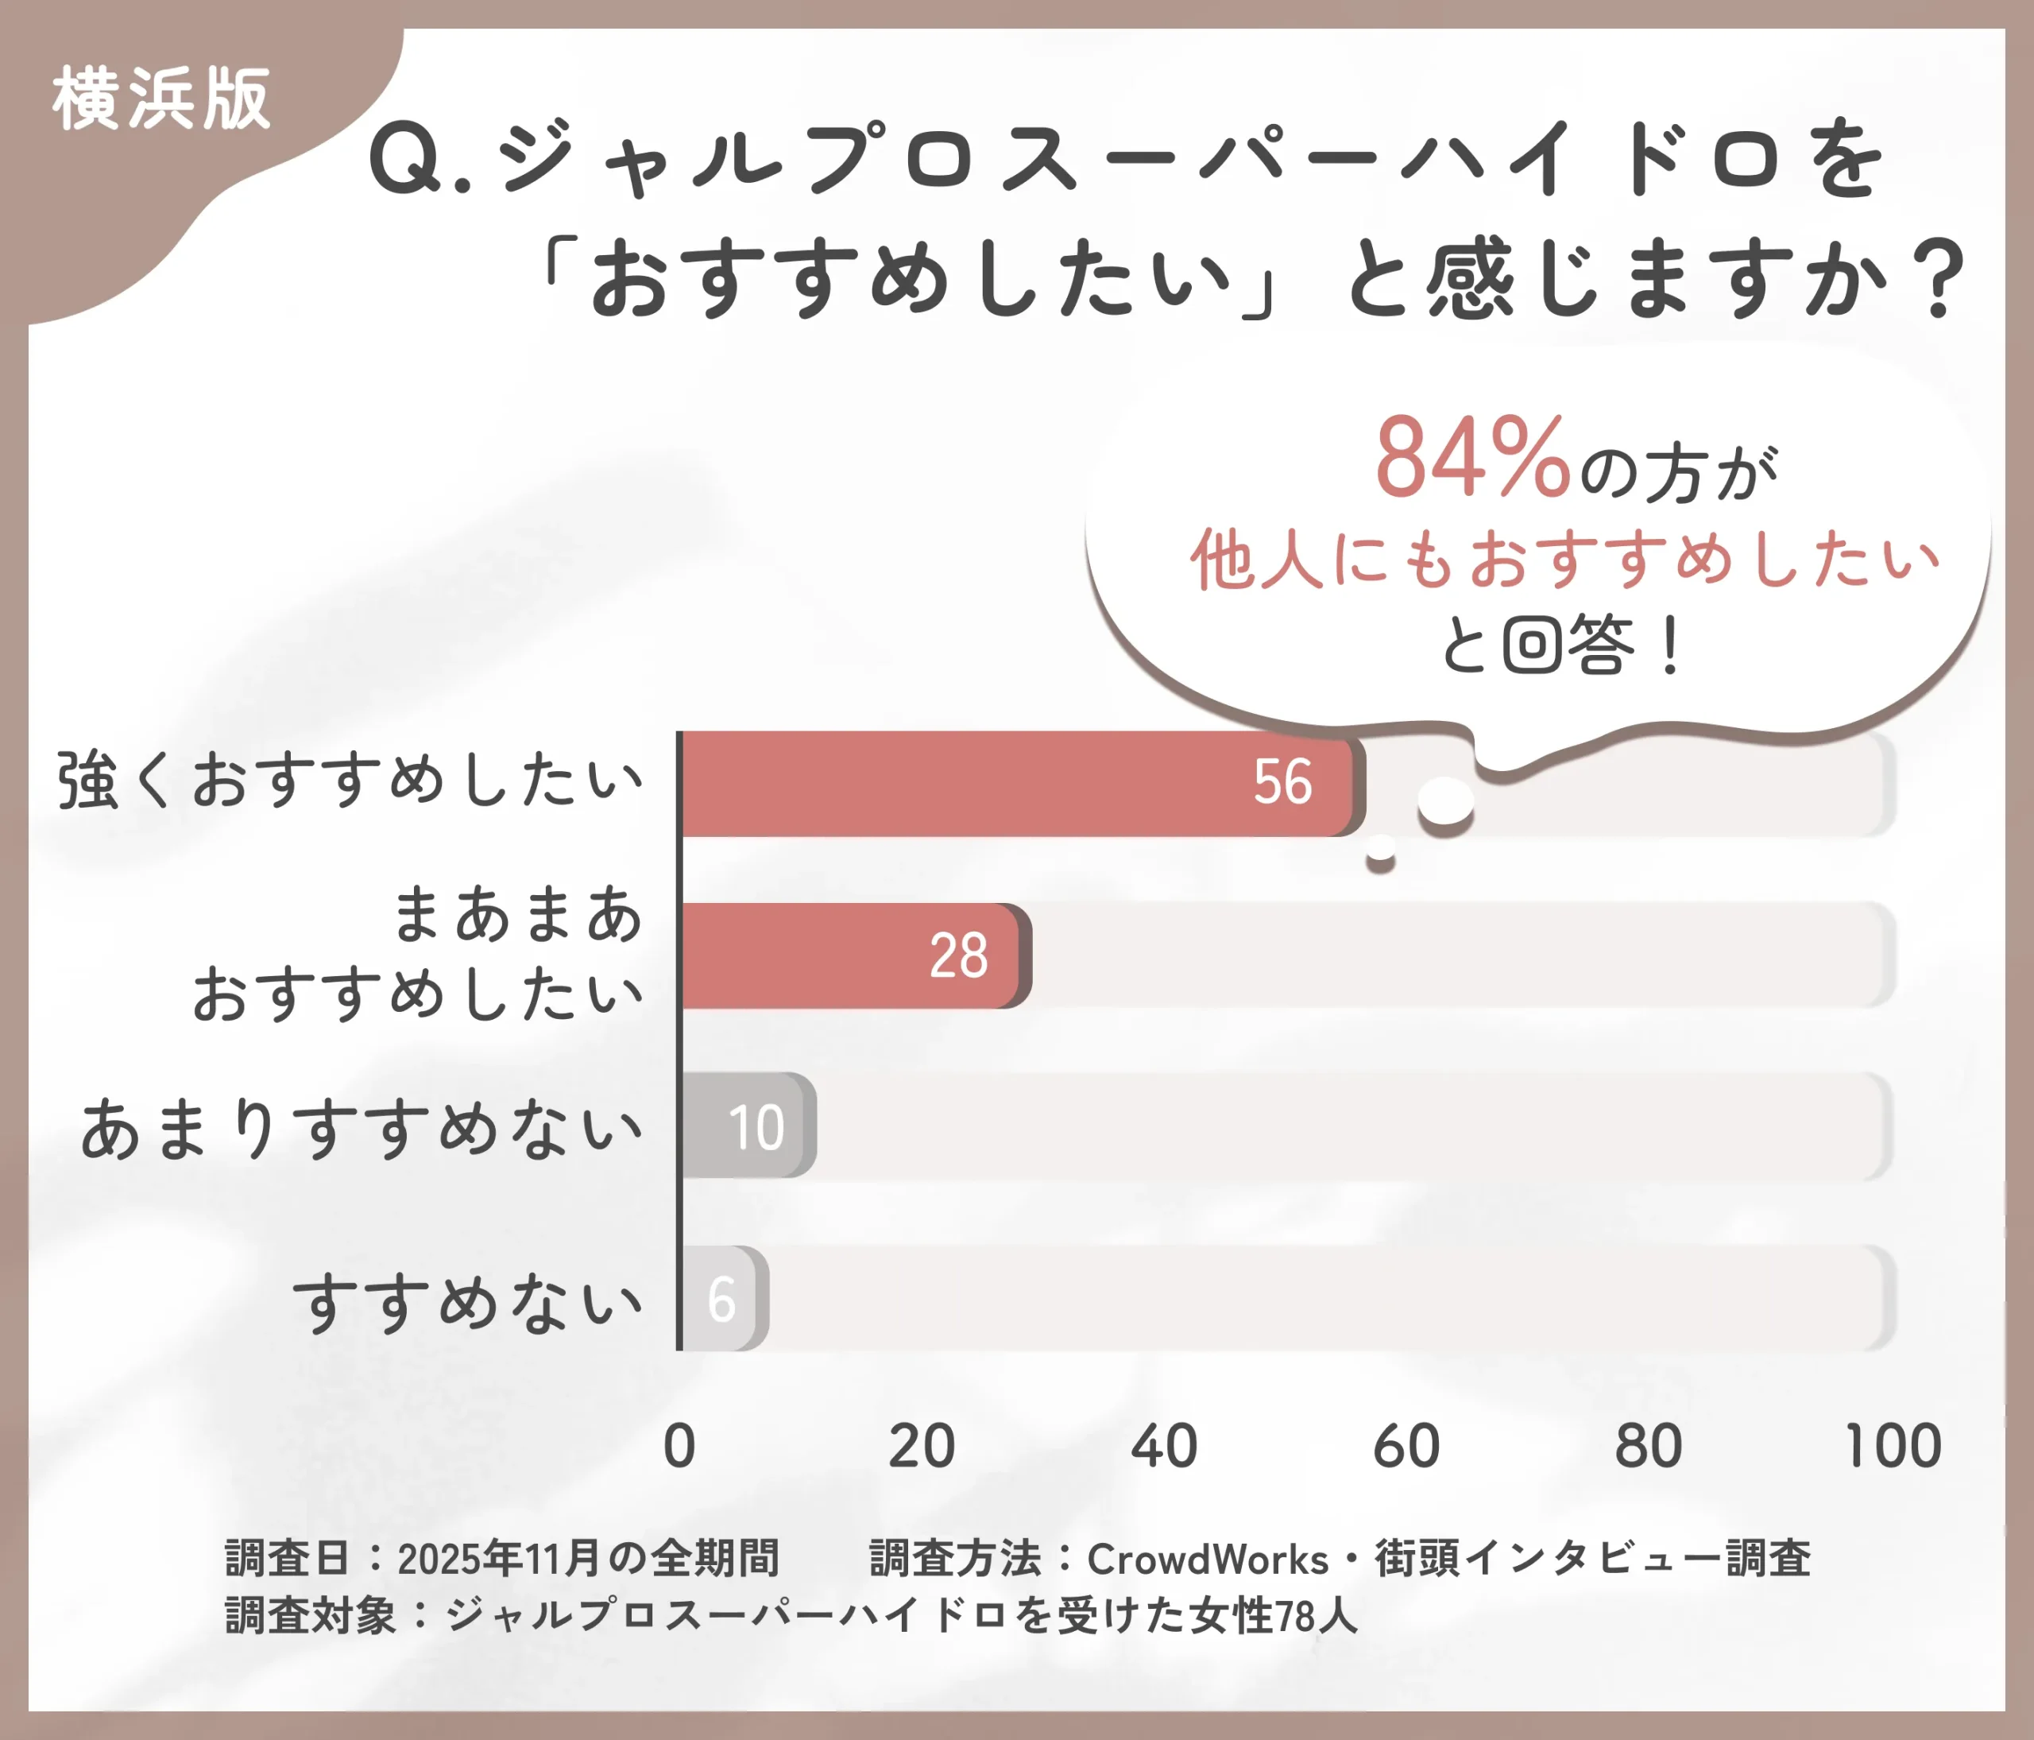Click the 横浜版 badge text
coord(161,99)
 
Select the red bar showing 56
coord(1021,784)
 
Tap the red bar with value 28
coord(854,955)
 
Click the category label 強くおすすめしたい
coord(350,781)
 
